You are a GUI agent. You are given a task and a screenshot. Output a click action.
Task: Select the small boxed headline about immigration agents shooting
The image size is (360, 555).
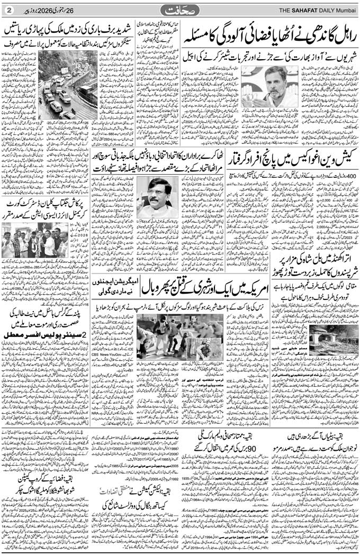114,290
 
